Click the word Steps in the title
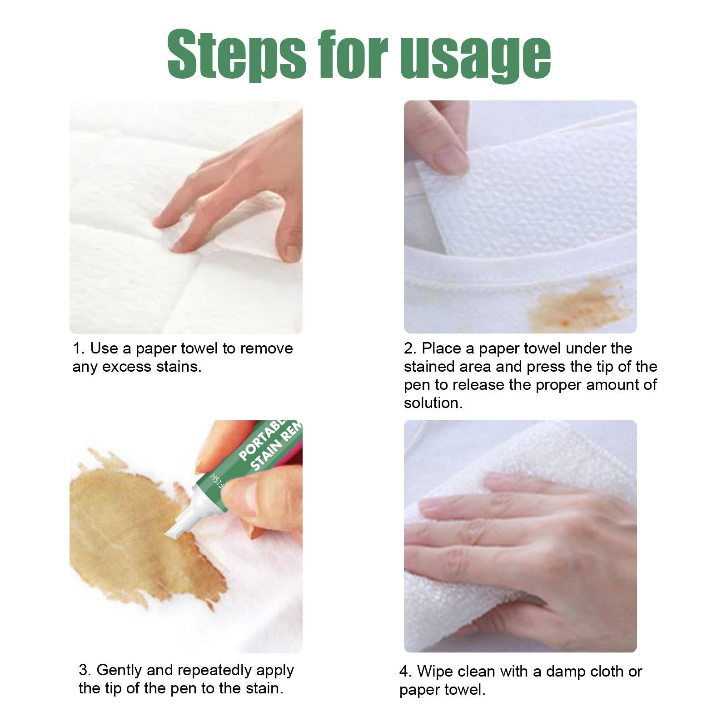236,54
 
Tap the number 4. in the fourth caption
406,671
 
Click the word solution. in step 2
433,403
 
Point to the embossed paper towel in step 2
536,191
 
